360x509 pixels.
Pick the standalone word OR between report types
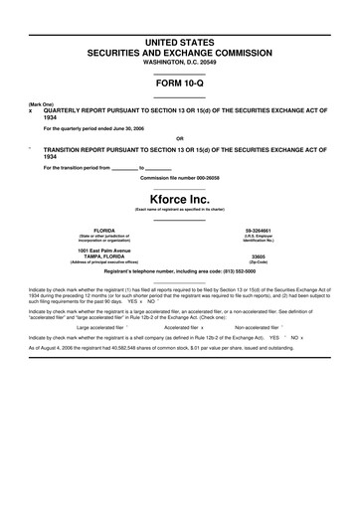pos(180,138)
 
